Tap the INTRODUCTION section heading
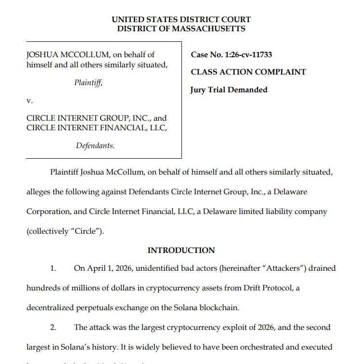[x=181, y=251]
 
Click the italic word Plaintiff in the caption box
[x=89, y=83]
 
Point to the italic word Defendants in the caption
[x=95, y=146]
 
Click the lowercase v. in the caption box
[x=29, y=101]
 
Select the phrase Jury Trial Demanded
[x=229, y=90]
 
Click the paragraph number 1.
[x=53, y=268]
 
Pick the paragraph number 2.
[x=53, y=327]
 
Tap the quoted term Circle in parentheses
[x=86, y=231]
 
